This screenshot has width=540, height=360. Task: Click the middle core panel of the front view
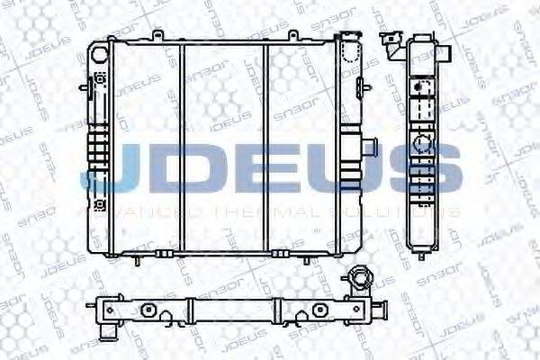pos(225,144)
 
